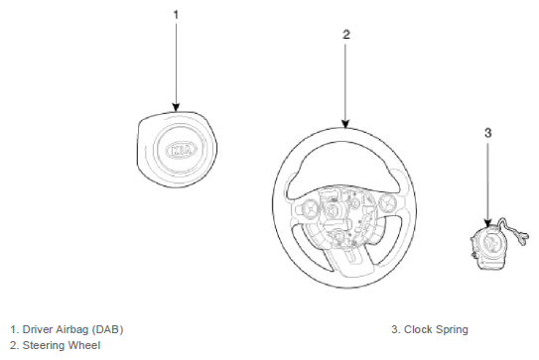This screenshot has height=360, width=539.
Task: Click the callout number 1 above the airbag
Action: click(x=176, y=15)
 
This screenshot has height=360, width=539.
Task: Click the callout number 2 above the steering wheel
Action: click(x=346, y=35)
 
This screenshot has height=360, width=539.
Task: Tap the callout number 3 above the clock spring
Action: click(x=488, y=133)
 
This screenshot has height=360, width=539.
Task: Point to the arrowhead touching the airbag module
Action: click(x=176, y=107)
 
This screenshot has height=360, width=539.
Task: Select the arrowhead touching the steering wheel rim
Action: click(x=345, y=124)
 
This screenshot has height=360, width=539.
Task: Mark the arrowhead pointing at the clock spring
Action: click(x=487, y=222)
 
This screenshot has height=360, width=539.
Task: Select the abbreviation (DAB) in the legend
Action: click(x=107, y=330)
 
